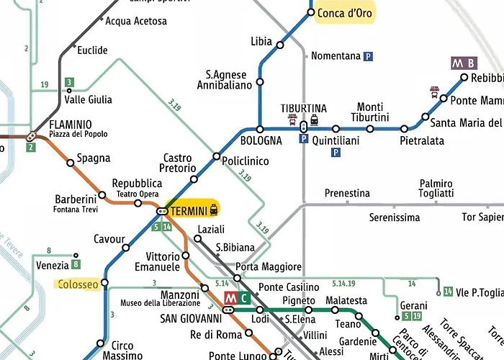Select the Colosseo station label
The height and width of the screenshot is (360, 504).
[x=78, y=284]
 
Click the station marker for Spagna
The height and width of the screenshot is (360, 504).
[x=71, y=163]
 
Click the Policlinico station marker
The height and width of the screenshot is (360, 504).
[x=216, y=156]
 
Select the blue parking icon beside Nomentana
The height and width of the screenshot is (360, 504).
[x=369, y=56]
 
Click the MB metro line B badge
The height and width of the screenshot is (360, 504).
[x=464, y=63]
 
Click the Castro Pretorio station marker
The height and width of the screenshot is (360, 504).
[x=193, y=179]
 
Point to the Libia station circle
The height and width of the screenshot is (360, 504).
[x=280, y=45]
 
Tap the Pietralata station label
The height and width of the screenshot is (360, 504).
[x=422, y=141]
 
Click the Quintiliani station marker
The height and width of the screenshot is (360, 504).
[x=336, y=129]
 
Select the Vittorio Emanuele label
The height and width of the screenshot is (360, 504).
[x=163, y=261]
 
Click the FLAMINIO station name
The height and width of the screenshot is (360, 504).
[x=71, y=124]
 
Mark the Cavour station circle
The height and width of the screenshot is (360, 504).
[x=125, y=248]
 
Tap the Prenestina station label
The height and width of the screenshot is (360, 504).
[x=347, y=194]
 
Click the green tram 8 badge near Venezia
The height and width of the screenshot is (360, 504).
[x=76, y=264]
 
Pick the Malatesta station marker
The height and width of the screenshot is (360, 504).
[x=335, y=310]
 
